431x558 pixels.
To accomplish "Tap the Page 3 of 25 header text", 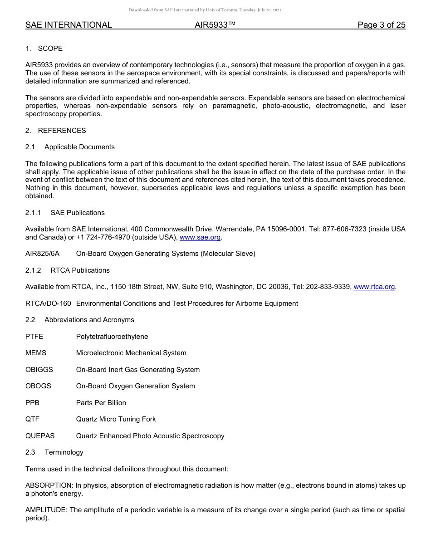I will point(381,25).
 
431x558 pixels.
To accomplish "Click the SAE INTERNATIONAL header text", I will point(69,25).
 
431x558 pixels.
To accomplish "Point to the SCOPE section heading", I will point(50,49).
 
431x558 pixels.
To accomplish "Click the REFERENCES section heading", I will point(62,131).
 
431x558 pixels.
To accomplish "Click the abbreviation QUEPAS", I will point(40,436).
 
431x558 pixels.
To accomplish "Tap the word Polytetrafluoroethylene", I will point(112,337).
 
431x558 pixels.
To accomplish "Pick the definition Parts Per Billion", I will point(101,403).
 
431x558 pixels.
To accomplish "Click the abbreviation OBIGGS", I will point(39,370).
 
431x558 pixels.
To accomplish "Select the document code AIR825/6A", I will point(42,254).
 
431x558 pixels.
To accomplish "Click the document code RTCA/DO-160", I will point(48,303).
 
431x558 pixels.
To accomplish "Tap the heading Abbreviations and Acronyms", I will point(89,320).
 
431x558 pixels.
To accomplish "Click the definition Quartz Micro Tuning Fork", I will point(116,419).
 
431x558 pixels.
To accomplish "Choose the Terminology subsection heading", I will point(64,452).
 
